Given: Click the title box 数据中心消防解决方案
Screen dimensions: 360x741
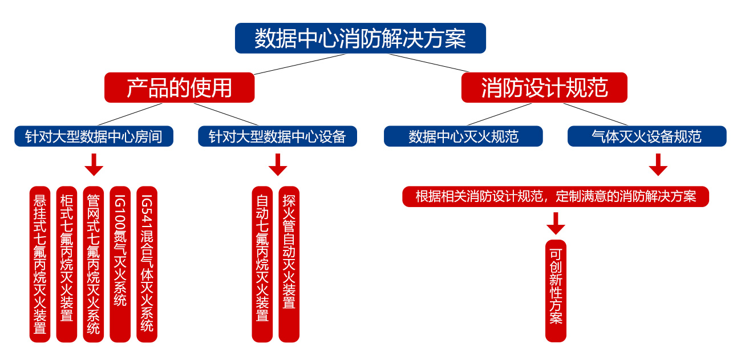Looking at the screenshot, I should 360,38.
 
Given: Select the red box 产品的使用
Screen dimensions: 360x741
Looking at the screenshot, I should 179,88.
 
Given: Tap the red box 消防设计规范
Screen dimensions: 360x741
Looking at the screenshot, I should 544,88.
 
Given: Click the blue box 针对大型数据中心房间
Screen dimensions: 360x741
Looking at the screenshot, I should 94,136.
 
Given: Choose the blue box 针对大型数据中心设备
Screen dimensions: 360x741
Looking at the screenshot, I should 277,136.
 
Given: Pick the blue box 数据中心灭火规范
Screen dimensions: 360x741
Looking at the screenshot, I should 463,136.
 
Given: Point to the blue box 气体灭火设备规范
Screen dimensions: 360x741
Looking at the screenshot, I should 647,136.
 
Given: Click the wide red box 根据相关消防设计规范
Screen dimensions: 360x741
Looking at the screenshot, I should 556,197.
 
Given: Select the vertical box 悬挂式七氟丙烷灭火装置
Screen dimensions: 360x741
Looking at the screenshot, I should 40,264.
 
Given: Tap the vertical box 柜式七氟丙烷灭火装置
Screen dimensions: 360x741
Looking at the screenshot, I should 67,264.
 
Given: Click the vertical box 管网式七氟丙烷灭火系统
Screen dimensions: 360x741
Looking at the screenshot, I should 94,264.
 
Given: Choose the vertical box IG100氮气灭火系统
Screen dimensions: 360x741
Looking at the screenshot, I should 120,264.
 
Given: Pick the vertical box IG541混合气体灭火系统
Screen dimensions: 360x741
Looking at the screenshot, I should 147,264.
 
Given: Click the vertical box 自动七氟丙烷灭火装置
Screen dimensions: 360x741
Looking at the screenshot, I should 262,264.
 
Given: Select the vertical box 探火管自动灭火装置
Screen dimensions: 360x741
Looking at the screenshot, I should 289,264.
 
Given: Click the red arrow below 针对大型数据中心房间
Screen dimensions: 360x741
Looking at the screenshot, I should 94,165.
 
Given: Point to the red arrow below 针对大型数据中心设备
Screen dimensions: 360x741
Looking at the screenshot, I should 278,165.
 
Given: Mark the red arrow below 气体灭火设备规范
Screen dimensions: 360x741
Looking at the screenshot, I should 658,165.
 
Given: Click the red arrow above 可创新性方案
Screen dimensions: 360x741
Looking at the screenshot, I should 556,223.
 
